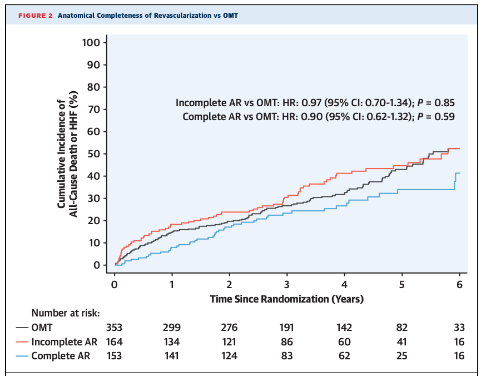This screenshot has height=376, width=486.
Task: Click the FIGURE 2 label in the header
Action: coord(35,15)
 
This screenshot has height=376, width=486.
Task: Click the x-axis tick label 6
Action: coord(459,284)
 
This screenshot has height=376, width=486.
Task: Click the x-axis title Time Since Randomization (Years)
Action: coord(286,299)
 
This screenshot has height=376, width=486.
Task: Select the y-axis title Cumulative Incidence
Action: coord(66,154)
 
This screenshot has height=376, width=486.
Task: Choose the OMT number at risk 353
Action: coord(114,328)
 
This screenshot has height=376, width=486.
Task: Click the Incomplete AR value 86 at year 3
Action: coord(286,342)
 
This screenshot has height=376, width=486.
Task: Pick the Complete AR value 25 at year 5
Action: coord(401,355)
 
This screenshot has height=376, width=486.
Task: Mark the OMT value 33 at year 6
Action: coord(459,328)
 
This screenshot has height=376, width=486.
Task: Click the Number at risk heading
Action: coord(65,313)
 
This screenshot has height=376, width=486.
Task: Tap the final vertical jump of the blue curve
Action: coord(455,182)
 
